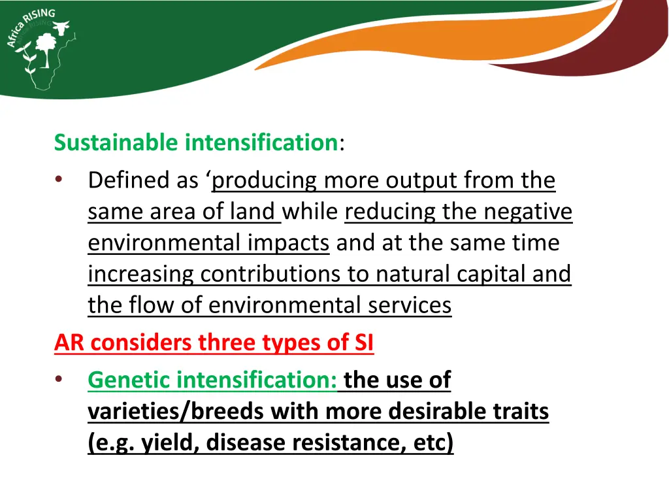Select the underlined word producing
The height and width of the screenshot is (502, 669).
point(265,180)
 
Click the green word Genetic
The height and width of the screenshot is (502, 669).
point(129,380)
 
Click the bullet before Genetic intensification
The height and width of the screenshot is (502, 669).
point(59,380)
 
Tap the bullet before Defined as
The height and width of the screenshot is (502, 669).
point(59,180)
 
